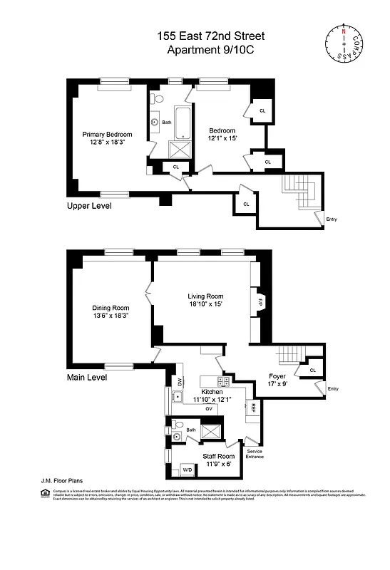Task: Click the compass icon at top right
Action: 346,42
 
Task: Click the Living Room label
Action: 205,296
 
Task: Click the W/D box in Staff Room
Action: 188,470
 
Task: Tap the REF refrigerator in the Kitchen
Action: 252,407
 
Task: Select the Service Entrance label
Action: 255,454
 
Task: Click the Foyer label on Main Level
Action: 277,376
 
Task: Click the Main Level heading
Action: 87,378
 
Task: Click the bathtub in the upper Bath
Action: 182,122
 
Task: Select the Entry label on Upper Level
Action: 331,219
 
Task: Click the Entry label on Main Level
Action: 332,388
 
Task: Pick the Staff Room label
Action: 218,456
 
